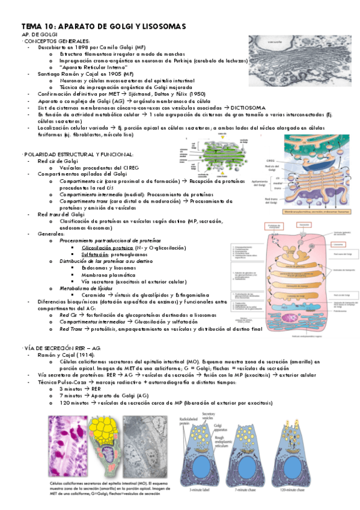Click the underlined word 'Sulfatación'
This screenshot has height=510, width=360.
coord(95,254)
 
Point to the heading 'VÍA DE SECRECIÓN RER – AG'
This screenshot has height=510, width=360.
coord(62,349)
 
